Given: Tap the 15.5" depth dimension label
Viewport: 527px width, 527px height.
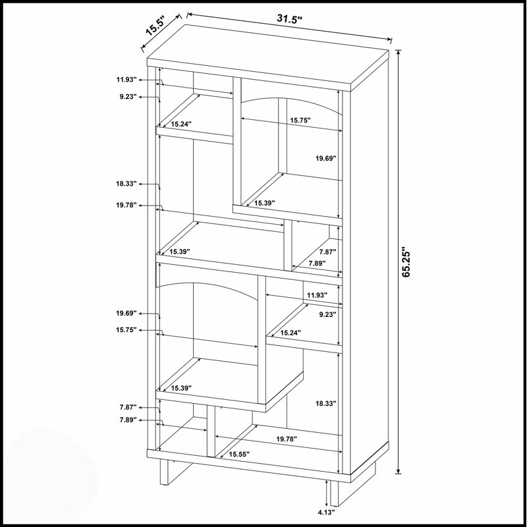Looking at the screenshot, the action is [155, 26].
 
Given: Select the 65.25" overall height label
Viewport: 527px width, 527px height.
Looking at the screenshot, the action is [406, 263].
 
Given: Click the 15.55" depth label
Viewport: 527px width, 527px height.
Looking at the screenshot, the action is [239, 455].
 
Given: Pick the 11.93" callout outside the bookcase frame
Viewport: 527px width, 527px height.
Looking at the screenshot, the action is [126, 80].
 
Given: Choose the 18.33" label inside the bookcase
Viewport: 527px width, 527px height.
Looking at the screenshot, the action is [325, 403].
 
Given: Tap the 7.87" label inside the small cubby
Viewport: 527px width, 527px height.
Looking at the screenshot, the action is [327, 252].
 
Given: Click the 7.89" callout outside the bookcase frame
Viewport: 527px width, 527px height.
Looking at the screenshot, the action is [128, 420].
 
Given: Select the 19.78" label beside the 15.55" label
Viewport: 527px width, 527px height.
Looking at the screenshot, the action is [287, 439].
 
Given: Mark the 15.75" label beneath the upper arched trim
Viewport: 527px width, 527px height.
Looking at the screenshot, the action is [300, 120].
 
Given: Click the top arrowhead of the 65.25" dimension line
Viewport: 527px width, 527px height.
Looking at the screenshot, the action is [399, 53].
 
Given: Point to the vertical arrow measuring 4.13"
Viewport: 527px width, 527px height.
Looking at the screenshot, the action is [326, 493].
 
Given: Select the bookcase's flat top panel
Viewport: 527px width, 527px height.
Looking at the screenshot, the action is [268, 57].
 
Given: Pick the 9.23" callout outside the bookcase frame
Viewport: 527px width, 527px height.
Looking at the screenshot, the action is [128, 97].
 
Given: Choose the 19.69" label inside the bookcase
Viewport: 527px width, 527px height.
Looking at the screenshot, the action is [325, 158].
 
